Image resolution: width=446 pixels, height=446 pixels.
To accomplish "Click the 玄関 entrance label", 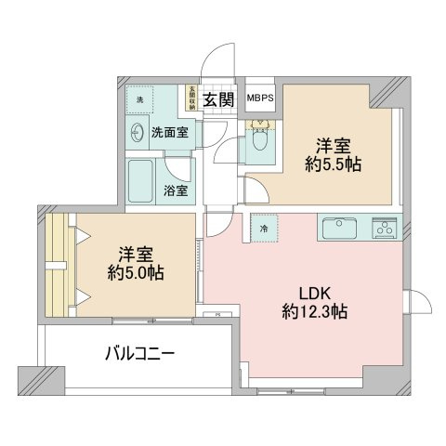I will pyautogui.click(x=219, y=100).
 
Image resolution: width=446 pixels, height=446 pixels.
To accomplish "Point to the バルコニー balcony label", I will pyautogui.click(x=139, y=353).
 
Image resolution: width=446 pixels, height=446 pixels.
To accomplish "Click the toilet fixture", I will pyautogui.click(x=259, y=141).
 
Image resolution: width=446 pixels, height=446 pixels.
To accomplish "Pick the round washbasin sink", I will pyautogui.click(x=138, y=132).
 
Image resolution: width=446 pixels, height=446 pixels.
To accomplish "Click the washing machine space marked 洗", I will pyautogui.click(x=139, y=99).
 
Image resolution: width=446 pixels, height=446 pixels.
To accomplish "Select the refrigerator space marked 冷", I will pyautogui.click(x=264, y=229).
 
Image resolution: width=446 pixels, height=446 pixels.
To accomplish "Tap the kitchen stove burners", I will pyautogui.click(x=385, y=227).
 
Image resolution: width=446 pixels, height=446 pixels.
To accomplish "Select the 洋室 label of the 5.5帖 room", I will pyautogui.click(x=332, y=145).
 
